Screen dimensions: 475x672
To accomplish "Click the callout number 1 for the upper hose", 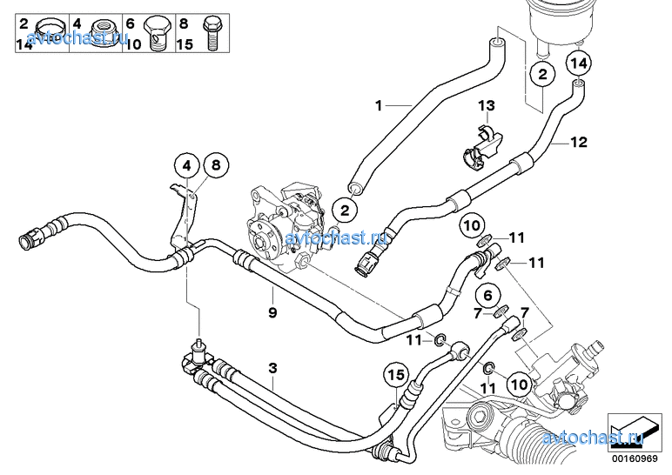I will pos(379,105).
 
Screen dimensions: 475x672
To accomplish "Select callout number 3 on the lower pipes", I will pos(272,368).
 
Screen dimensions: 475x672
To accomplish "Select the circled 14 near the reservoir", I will pos(580,63).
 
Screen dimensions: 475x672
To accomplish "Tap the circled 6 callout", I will pos(487,295).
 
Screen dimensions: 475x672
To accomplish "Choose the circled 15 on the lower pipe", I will pos(396,377).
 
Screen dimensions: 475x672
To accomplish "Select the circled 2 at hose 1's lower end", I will pos(346,210).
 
